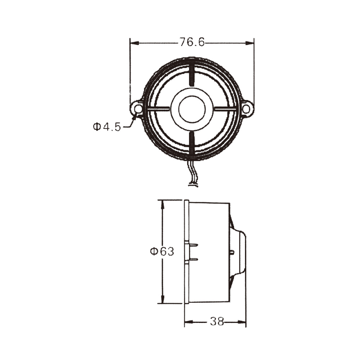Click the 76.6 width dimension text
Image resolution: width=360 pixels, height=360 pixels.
pos(192,42)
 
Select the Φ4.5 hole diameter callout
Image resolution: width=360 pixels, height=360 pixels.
pos(107,127)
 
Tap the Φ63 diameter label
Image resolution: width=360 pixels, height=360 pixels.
pos(162,251)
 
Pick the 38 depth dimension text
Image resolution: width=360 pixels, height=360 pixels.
pos(217,321)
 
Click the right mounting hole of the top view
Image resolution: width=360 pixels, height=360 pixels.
pos(246,108)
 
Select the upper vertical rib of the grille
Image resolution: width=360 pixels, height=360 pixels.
pos(192,75)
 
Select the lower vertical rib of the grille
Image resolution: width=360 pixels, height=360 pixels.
pos(192,143)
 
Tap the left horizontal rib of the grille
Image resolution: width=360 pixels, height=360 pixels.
pos(157,108)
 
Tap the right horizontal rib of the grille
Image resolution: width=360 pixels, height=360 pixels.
pos(226,108)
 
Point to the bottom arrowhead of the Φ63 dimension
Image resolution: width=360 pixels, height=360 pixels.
pos(162,299)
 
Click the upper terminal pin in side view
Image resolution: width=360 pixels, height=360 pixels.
pos(193,245)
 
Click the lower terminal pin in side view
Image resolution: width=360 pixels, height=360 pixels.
pos(193,259)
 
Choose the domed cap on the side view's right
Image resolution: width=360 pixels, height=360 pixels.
pos(238,252)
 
